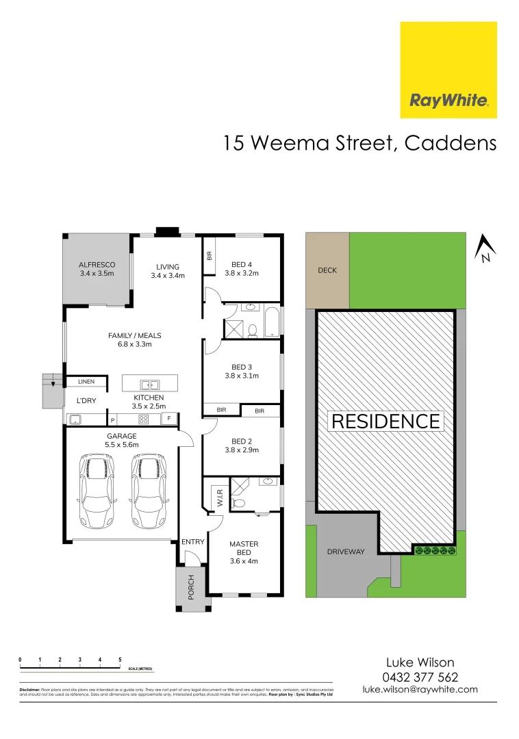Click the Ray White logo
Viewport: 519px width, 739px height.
pyautogui.click(x=448, y=70)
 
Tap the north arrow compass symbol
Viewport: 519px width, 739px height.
pyautogui.click(x=485, y=248)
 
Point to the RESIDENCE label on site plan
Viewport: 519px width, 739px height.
pyautogui.click(x=385, y=422)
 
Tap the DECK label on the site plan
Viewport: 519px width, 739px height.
pyautogui.click(x=327, y=270)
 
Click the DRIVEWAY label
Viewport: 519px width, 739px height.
pyautogui.click(x=346, y=552)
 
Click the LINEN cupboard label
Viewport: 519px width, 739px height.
pyautogui.click(x=86, y=382)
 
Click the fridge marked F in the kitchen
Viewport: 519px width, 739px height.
pyautogui.click(x=168, y=417)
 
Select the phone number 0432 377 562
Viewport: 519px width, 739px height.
pyautogui.click(x=420, y=677)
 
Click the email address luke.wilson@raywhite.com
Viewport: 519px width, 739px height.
pyautogui.click(x=420, y=690)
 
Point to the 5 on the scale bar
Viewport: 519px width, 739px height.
pyautogui.click(x=120, y=660)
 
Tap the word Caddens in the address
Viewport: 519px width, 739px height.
pyautogui.click(x=451, y=143)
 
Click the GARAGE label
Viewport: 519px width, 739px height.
pyautogui.click(x=121, y=436)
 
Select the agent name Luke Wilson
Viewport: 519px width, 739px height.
pyautogui.click(x=420, y=662)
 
